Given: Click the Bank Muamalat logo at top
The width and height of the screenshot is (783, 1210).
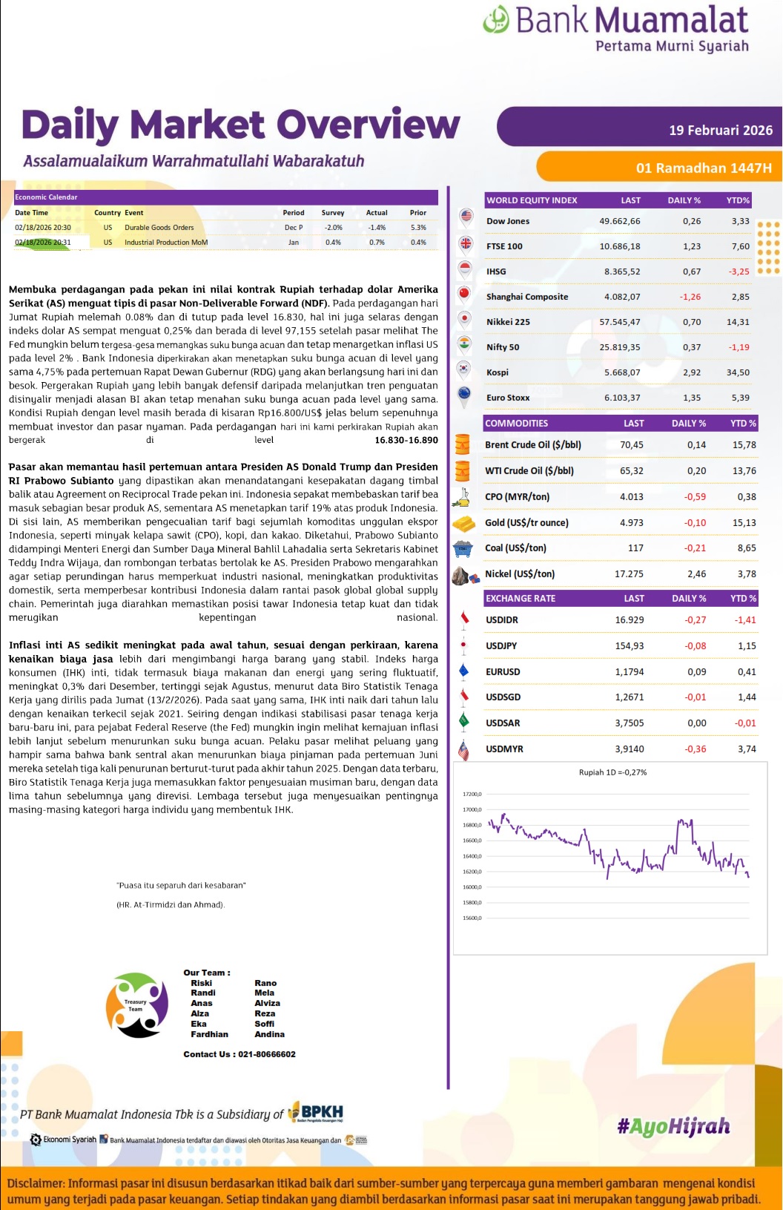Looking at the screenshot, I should click(x=615, y=28).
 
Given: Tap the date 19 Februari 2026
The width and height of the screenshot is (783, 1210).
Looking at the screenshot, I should click(x=720, y=131).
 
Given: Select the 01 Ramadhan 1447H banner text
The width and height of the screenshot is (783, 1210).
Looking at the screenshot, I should click(x=703, y=168).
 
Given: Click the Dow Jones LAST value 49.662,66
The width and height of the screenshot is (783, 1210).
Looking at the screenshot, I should click(x=619, y=221).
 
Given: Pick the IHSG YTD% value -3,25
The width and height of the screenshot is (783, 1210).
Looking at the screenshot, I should click(x=739, y=272).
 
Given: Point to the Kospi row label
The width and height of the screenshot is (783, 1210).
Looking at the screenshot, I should click(x=498, y=372).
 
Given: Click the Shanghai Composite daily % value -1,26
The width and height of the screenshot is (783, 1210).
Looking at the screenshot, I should click(x=690, y=297).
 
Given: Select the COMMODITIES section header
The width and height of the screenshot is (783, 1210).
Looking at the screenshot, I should click(x=517, y=424).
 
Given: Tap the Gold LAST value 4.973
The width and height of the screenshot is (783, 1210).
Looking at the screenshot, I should click(x=631, y=523).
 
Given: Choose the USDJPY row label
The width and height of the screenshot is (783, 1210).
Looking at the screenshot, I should click(x=501, y=646).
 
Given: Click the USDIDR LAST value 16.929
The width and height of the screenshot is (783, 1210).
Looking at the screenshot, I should click(x=629, y=620).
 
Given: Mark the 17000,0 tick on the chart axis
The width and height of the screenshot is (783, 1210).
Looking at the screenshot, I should click(x=472, y=810).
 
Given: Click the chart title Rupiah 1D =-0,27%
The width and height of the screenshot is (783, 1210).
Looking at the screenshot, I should click(x=612, y=772).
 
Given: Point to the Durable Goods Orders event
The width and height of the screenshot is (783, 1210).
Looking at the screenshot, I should click(x=159, y=228).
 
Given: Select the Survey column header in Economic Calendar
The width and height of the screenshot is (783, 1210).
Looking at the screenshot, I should click(x=332, y=213).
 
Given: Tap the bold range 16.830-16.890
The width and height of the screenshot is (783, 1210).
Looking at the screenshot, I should click(x=406, y=440).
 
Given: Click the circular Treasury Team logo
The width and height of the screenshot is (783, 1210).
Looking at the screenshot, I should click(x=136, y=1005).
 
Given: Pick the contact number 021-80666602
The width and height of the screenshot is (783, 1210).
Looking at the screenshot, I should click(x=266, y=1054).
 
